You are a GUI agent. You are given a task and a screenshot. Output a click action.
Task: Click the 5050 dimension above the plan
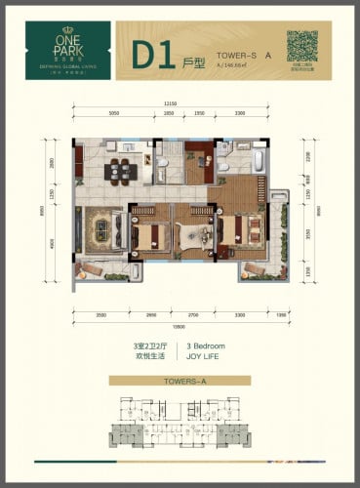pos(113,114)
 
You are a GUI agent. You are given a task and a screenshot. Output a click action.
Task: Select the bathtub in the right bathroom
pos(256,158)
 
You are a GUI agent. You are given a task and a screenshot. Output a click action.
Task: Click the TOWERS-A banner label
pos(178,386)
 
